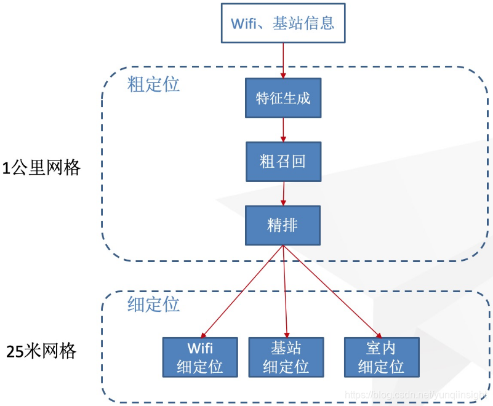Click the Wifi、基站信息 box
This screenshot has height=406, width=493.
(283, 23)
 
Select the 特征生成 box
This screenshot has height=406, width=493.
(283, 98)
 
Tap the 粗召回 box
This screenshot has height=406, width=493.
(283, 162)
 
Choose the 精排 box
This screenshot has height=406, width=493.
(283, 225)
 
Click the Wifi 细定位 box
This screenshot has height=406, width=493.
(199, 357)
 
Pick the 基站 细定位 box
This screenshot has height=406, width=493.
(286, 357)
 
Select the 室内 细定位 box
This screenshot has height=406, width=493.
(381, 357)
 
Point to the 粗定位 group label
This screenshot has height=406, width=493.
(154, 84)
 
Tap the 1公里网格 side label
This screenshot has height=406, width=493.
(41, 168)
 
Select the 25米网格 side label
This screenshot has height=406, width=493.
(41, 351)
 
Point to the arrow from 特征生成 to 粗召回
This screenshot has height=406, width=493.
(283, 130)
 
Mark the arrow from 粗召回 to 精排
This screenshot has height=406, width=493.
(283, 194)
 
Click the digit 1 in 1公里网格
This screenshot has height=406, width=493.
(6, 168)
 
